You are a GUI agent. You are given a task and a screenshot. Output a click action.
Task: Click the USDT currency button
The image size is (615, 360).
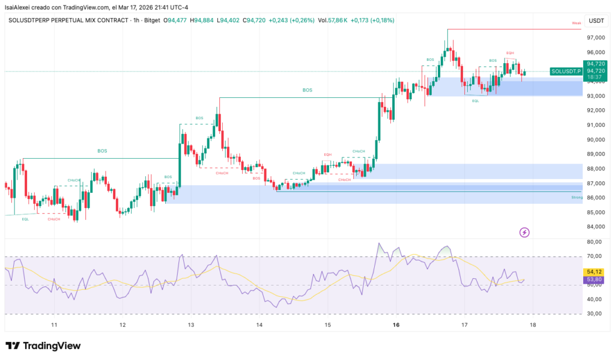pyautogui.click(x=596, y=20)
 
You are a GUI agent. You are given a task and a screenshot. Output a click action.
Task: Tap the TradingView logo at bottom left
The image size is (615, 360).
pyautogui.click(x=43, y=346)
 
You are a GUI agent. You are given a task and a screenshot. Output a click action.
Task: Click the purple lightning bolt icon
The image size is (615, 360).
pyautogui.click(x=524, y=232)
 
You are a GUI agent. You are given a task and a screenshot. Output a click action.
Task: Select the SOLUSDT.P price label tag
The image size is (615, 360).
pyautogui.click(x=566, y=71)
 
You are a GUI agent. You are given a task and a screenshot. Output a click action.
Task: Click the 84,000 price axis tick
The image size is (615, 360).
pyautogui.click(x=595, y=227)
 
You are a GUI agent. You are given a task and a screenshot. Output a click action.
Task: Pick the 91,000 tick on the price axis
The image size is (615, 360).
pyautogui.click(x=595, y=125)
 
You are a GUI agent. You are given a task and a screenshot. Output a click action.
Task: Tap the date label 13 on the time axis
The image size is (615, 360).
pyautogui.click(x=191, y=325)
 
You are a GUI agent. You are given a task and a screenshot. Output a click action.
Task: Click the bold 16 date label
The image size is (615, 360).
pyautogui.click(x=396, y=325)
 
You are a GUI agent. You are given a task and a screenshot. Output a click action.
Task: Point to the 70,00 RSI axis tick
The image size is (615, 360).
pyautogui.click(x=595, y=256)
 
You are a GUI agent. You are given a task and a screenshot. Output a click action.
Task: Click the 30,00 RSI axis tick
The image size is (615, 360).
pyautogui.click(x=595, y=314)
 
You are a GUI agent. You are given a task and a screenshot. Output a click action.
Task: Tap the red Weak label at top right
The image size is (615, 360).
pyautogui.click(x=577, y=23)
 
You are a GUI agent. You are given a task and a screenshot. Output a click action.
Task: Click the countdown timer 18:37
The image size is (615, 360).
pyautogui.click(x=595, y=78)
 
